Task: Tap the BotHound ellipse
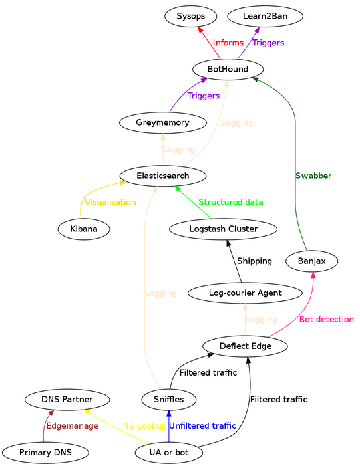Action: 228,69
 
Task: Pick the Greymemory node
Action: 162,123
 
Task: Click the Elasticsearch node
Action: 162,176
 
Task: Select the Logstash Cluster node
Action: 223,229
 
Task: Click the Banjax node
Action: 313,261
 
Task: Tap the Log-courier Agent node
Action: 246,293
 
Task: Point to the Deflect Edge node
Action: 245,346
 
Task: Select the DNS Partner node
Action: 67,400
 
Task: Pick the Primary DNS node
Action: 46,453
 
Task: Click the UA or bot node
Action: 169,453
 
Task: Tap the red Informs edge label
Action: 228,43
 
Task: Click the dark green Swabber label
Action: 313,176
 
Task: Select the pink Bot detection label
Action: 326,320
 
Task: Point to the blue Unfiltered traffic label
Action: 202,426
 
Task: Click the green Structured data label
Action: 230,202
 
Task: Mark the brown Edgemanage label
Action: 73,426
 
